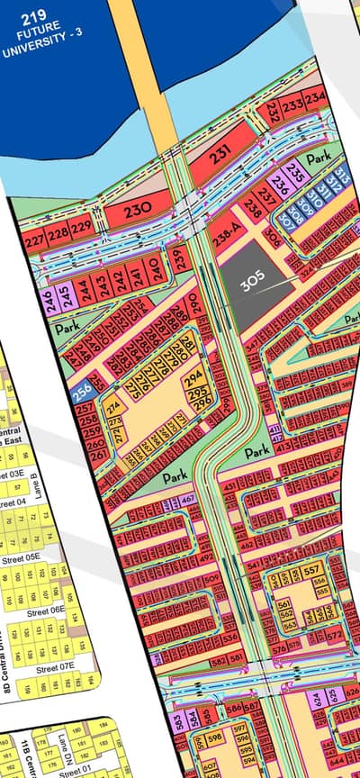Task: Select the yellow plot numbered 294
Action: [193, 381]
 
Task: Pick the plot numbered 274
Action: [113, 407]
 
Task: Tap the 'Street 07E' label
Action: [56, 669]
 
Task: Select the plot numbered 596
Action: [215, 739]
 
